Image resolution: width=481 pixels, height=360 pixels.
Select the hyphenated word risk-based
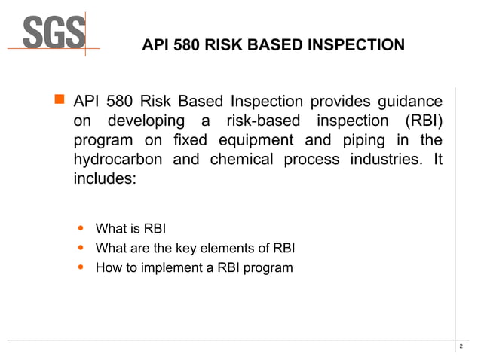(x=268, y=122)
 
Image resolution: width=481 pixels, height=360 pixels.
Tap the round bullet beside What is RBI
(x=81, y=228)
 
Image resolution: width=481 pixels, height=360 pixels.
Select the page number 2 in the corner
(x=461, y=346)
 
